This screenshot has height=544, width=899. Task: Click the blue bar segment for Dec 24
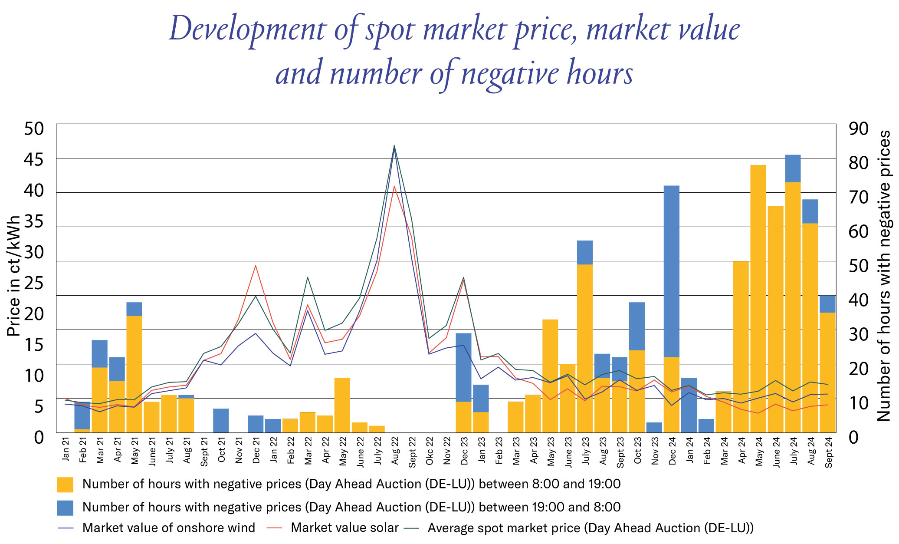[672, 271]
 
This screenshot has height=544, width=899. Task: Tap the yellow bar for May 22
[342, 405]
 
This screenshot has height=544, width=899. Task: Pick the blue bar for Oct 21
[221, 420]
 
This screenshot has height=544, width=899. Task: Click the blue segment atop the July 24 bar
[793, 168]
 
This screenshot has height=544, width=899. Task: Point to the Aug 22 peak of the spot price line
[394, 146]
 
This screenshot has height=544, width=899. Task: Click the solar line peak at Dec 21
[256, 265]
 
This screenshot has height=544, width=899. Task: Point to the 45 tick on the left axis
[34, 159]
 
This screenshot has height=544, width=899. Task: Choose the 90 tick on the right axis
[858, 129]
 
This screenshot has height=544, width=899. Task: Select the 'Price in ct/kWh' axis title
[14, 276]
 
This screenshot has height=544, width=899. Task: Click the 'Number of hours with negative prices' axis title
[884, 276]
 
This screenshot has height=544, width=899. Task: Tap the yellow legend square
[65, 485]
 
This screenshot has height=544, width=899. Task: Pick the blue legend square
[65, 508]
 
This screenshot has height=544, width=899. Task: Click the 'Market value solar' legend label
[345, 528]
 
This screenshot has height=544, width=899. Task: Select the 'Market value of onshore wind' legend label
[169, 528]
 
